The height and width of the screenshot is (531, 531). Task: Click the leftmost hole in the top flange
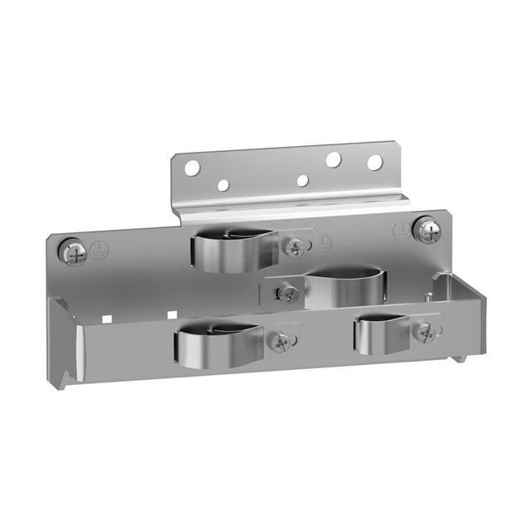tap(192, 168)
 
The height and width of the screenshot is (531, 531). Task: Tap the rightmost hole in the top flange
tap(375, 163)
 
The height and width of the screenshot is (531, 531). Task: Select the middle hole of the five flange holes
tap(303, 180)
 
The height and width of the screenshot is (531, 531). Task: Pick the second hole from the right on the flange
tap(334, 158)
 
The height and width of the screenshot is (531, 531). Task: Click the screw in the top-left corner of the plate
tap(72, 251)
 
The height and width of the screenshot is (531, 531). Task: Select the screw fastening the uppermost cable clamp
tap(294, 247)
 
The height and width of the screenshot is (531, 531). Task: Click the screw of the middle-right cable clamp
tap(287, 292)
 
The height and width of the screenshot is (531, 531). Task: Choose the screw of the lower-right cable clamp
tap(425, 334)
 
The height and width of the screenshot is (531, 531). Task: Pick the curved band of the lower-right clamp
tap(378, 335)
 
